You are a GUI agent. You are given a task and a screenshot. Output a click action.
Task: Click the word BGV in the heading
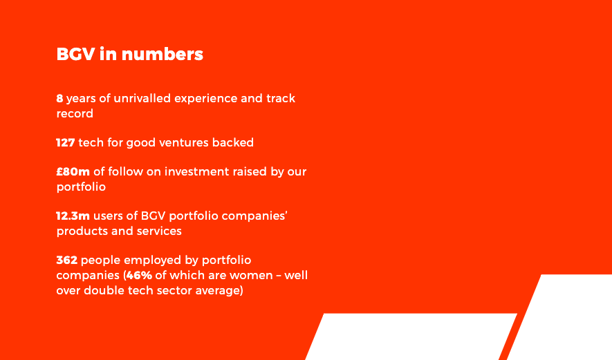pyautogui.click(x=75, y=54)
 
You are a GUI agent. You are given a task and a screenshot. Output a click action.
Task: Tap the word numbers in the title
pyautogui.click(x=163, y=54)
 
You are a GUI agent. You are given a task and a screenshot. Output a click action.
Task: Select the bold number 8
pyautogui.click(x=59, y=98)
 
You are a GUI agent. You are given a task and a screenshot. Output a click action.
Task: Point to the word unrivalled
pyautogui.click(x=142, y=98)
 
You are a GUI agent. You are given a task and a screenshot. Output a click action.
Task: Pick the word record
pyautogui.click(x=75, y=113)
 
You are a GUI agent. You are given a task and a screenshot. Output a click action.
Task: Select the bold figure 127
pyautogui.click(x=66, y=142)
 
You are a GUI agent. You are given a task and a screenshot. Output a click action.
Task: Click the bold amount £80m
pyautogui.click(x=73, y=171)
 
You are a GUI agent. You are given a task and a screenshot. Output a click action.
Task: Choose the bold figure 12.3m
pyautogui.click(x=73, y=216)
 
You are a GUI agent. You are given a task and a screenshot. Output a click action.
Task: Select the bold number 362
pyautogui.click(x=67, y=260)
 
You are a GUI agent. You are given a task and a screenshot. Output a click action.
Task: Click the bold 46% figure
pyautogui.click(x=139, y=276)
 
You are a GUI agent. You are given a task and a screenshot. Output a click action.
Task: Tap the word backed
pyautogui.click(x=233, y=142)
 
